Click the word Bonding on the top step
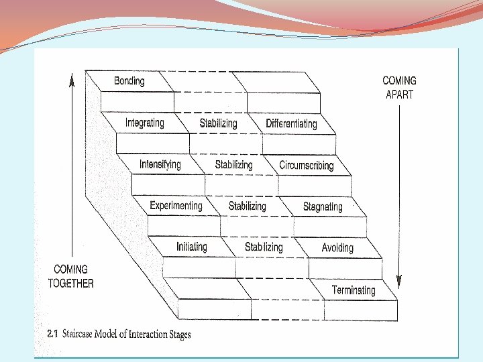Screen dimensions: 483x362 coord(129,81)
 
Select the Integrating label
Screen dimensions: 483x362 coord(144,123)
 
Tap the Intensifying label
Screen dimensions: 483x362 coord(160,164)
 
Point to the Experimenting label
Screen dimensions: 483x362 coord(176,206)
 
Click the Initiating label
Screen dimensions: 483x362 coord(192,247)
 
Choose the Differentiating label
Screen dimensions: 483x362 coord(291,123)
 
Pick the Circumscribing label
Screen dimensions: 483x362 coord(307,165)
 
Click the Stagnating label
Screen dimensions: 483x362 coord(323,206)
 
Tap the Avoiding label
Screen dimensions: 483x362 coord(337,248)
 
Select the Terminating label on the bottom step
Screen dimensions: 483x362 coord(354,290)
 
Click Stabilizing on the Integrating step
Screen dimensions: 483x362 coord(218,123)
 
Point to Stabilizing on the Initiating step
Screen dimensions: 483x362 coord(264,247)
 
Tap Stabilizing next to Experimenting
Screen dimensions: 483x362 coord(248,206)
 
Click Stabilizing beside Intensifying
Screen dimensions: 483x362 coord(233,165)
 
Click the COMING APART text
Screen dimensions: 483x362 coord(399,88)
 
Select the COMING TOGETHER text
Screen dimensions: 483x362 coord(71,276)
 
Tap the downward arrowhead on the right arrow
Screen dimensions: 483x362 coord(399,282)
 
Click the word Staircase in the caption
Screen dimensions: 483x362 coord(83,334)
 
